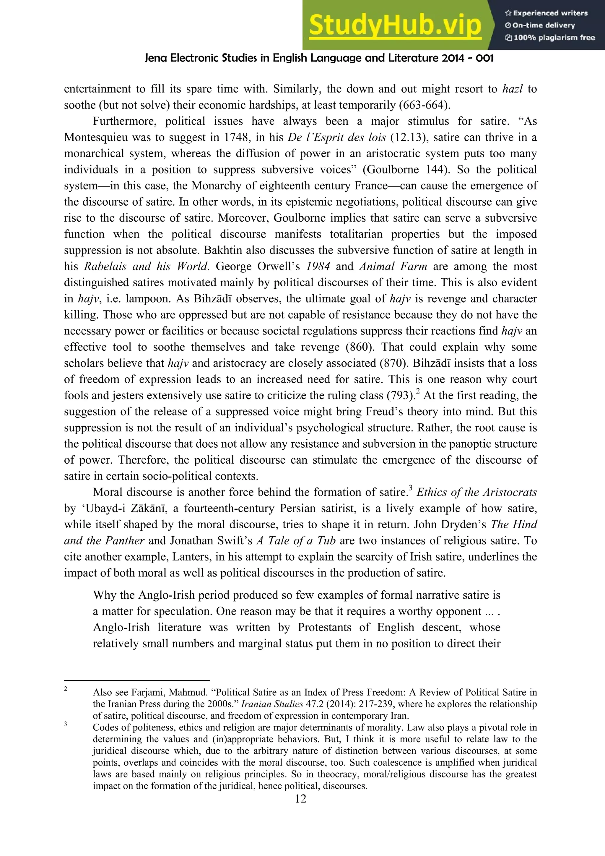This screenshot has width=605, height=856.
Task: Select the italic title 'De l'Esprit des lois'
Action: (336, 138)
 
